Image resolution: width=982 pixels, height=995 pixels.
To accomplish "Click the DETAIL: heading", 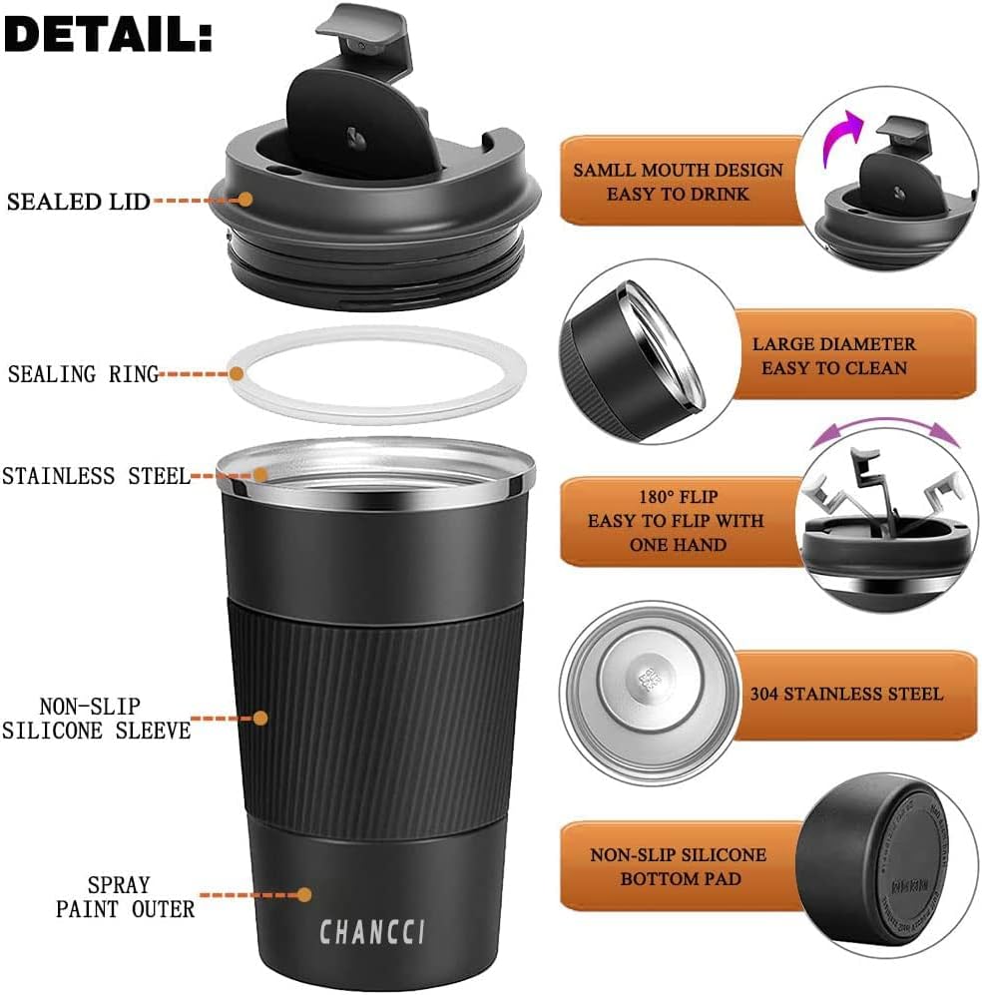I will pyautogui.click(x=108, y=35).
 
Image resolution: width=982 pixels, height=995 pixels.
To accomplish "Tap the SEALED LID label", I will pyautogui.click(x=79, y=202).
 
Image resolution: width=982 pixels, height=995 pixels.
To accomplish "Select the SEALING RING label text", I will pyautogui.click(x=83, y=375).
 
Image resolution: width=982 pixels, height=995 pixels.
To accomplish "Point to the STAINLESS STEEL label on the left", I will pyautogui.click(x=95, y=476).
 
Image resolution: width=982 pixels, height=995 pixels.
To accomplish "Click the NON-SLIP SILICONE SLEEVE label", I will pyautogui.click(x=96, y=719).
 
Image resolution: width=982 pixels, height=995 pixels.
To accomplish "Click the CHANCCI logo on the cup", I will pyautogui.click(x=372, y=932).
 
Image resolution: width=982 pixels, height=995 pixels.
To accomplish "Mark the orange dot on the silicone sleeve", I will pyautogui.click(x=261, y=718).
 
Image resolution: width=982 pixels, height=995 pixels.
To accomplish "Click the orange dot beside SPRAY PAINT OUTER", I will pyautogui.click(x=304, y=895).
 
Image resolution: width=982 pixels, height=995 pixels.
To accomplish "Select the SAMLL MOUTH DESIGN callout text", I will pyautogui.click(x=678, y=181).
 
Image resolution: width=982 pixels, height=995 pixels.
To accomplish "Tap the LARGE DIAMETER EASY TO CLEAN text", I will pyautogui.click(x=833, y=355).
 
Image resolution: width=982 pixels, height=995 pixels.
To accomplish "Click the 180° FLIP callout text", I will pyautogui.click(x=677, y=520).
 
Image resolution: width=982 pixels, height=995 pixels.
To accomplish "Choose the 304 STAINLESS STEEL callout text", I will pyautogui.click(x=846, y=693).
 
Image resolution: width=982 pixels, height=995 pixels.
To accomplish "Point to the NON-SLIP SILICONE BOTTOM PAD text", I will pyautogui.click(x=679, y=867).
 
